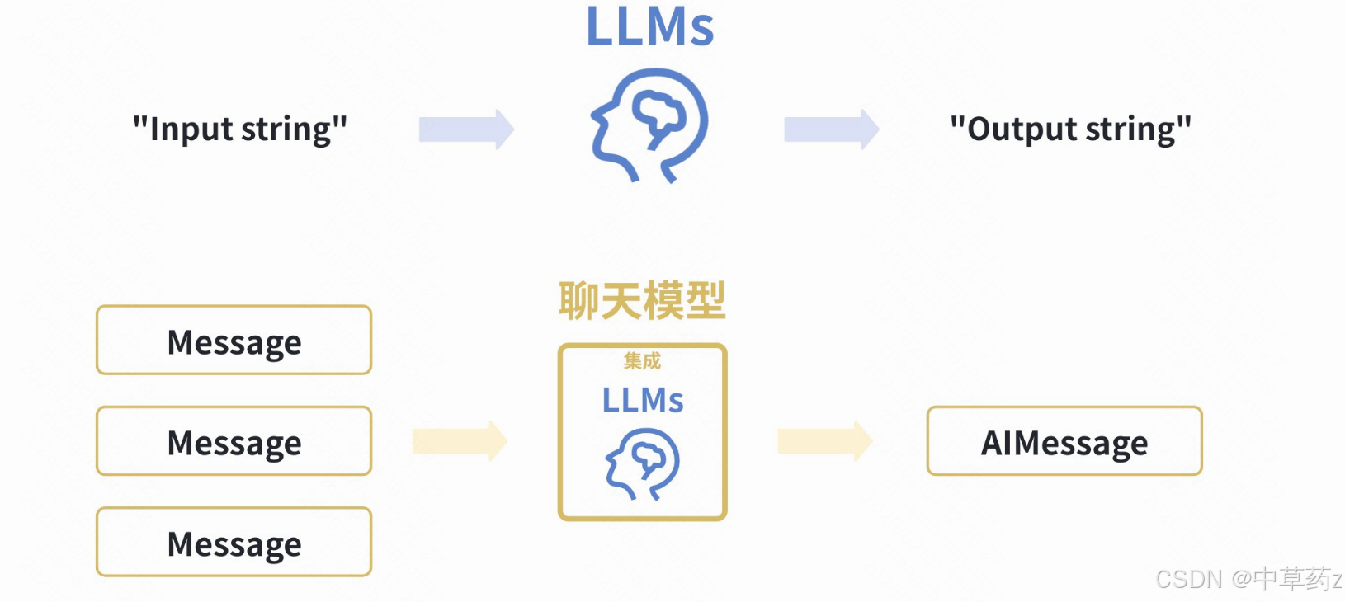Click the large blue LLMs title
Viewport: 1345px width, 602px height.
click(649, 26)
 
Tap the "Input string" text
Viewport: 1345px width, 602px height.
click(240, 129)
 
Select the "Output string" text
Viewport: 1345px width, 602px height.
click(1070, 129)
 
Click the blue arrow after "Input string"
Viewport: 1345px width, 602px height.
click(466, 129)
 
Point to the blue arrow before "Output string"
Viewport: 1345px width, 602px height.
click(831, 129)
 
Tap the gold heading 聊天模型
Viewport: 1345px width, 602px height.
click(642, 300)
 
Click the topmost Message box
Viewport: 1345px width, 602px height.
click(234, 341)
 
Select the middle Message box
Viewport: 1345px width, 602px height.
click(234, 441)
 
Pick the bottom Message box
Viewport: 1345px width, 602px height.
click(234, 543)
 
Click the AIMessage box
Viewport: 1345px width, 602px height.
click(1064, 441)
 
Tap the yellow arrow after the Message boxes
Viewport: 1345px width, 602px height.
click(460, 441)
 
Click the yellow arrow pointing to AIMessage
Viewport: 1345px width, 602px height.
click(824, 441)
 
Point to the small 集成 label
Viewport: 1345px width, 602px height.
click(642, 361)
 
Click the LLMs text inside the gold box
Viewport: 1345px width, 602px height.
click(642, 401)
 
